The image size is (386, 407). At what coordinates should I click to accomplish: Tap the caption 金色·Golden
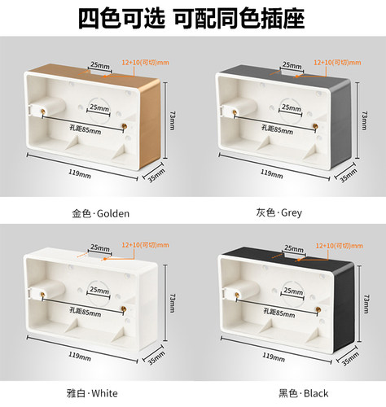tap(100, 213)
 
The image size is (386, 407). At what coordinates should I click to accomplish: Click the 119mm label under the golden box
tap(79, 173)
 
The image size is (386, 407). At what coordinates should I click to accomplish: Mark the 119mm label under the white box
tap(79, 355)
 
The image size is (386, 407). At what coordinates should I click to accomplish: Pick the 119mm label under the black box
tap(270, 355)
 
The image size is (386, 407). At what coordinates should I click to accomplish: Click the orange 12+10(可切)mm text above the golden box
tap(146, 62)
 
